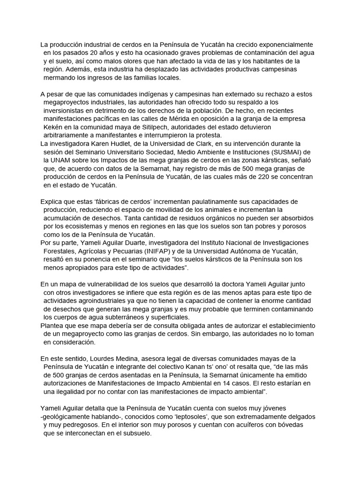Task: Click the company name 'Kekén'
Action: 53,127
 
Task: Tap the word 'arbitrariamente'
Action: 67,135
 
